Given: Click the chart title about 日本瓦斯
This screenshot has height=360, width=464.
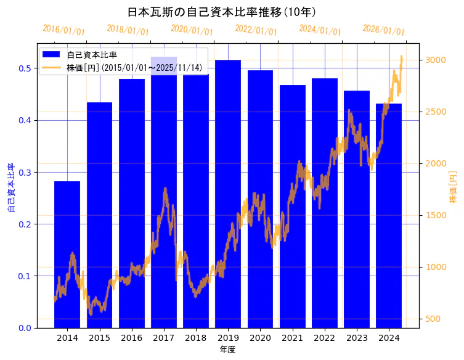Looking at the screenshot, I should point(222,12).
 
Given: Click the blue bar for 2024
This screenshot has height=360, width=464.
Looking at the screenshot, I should point(389,216).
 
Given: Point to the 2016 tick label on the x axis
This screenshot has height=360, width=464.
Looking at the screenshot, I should point(131,338).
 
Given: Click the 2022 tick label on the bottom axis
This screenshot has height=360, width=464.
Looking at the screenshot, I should point(325,338).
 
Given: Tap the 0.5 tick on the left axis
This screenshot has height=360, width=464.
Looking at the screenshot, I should point(25,68).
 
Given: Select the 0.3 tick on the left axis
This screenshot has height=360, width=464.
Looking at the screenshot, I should point(25,172).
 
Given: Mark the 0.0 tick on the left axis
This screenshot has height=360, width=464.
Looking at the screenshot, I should point(25,328).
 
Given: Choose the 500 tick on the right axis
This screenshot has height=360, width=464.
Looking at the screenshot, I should point(436,319).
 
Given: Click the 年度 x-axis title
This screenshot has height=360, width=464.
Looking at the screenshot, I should point(228,350).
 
